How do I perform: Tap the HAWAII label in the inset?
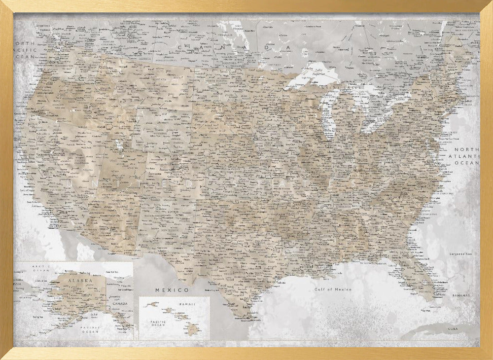[186, 304]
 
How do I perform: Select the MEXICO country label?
[172, 289]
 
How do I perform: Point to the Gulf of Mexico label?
[333, 289]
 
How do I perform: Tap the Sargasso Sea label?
[461, 254]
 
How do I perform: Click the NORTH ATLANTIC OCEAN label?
[466, 156]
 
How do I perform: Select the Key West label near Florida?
[423, 311]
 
